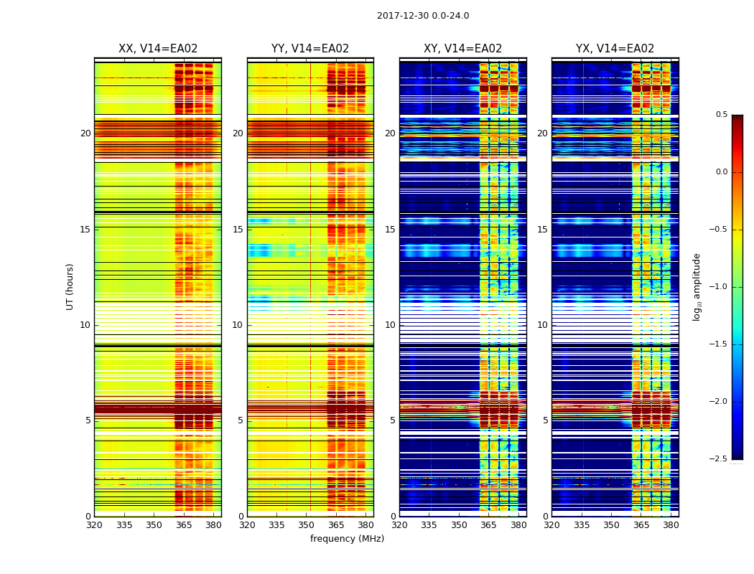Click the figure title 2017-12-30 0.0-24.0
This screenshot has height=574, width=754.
pyautogui.click(x=423, y=16)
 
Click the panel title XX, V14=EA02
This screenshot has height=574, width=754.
pyautogui.click(x=158, y=49)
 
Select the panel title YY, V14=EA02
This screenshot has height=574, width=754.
pyautogui.click(x=310, y=49)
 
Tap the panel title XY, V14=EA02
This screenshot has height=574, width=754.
pyautogui.click(x=462, y=49)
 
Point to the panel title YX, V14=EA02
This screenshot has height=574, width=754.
pyautogui.click(x=615, y=49)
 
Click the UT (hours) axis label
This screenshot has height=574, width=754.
pyautogui.click(x=70, y=286)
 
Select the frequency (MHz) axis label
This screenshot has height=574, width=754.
pyautogui.click(x=347, y=539)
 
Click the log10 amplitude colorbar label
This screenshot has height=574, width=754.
pyautogui.click(x=697, y=286)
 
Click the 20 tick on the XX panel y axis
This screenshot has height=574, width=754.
pyautogui.click(x=85, y=133)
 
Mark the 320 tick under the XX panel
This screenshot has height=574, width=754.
pyautogui.click(x=94, y=525)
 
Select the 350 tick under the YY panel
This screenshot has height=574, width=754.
pyautogui.click(x=307, y=525)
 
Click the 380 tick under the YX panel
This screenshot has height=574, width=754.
pyautogui.click(x=671, y=525)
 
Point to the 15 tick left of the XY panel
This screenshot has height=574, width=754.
pyautogui.click(x=390, y=229)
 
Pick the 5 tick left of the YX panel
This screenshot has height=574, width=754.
pyautogui.click(x=545, y=420)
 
